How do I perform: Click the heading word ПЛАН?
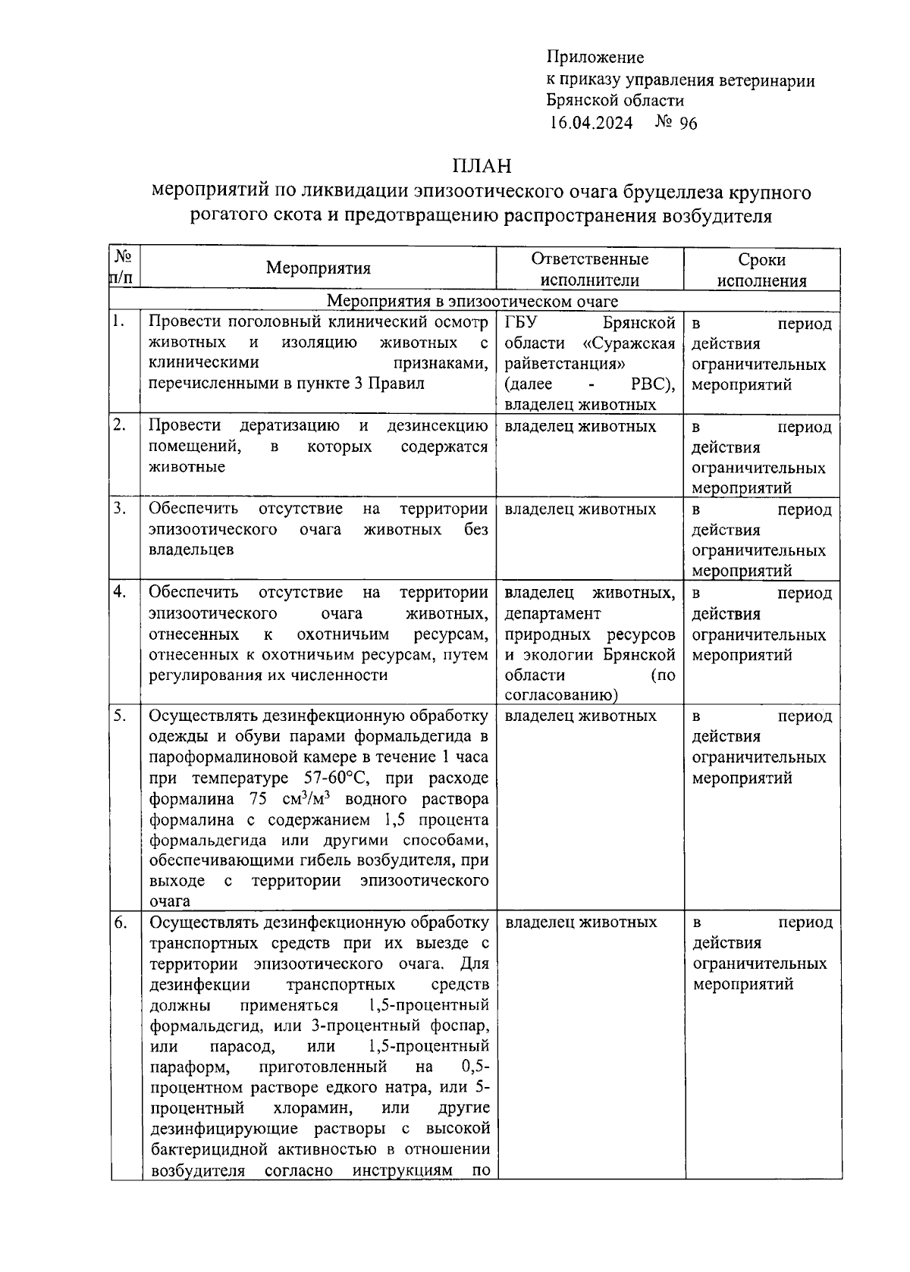[482, 165]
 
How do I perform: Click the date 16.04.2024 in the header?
[591, 124]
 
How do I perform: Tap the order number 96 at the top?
[689, 124]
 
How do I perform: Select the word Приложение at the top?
[595, 57]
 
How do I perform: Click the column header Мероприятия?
[318, 268]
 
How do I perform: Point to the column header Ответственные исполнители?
[590, 269]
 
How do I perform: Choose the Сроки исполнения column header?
[762, 270]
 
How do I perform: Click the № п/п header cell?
[124, 268]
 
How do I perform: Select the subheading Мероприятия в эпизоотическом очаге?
[472, 302]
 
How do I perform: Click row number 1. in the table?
[118, 321]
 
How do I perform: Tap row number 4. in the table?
[119, 591]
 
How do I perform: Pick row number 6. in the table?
[120, 923]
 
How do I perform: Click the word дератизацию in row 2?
[289, 425]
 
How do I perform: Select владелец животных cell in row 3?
[580, 509]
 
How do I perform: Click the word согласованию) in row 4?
[561, 695]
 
